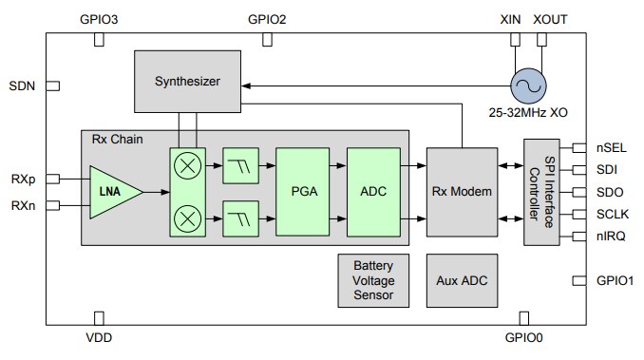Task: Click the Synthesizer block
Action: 187,81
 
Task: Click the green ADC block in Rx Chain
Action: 373,191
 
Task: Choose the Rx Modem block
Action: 462,192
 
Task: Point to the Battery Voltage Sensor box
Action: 373,281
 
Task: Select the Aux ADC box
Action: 462,281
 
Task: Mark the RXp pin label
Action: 24,178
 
